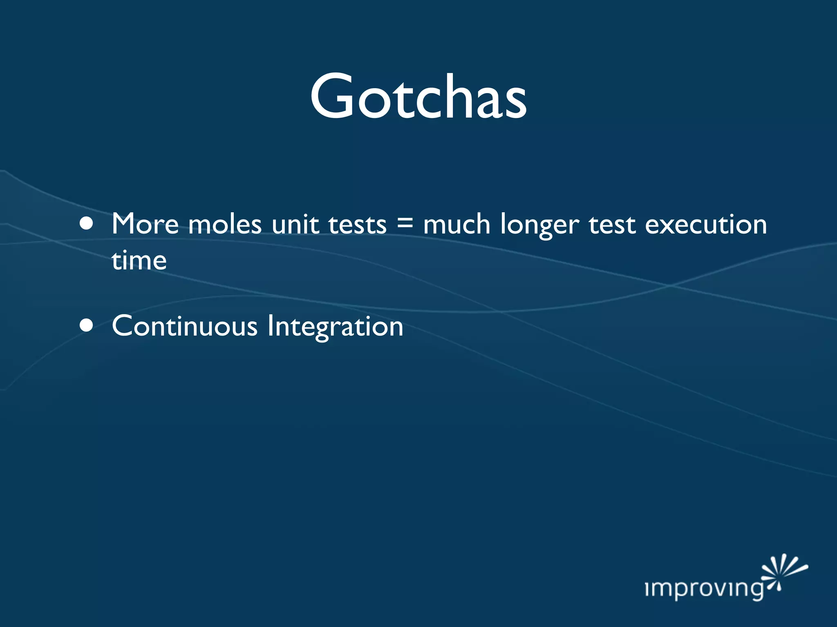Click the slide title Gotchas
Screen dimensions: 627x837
click(418, 97)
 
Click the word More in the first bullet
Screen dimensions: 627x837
click(145, 224)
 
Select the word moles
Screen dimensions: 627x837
click(225, 225)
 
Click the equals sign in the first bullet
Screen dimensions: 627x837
click(405, 224)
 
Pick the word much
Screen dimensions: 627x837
click(457, 224)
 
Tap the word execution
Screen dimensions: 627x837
click(706, 225)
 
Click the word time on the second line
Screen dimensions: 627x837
click(139, 260)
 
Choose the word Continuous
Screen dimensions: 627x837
click(185, 326)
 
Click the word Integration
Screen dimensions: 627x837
click(335, 327)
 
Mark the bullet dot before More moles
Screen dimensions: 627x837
click(87, 224)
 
